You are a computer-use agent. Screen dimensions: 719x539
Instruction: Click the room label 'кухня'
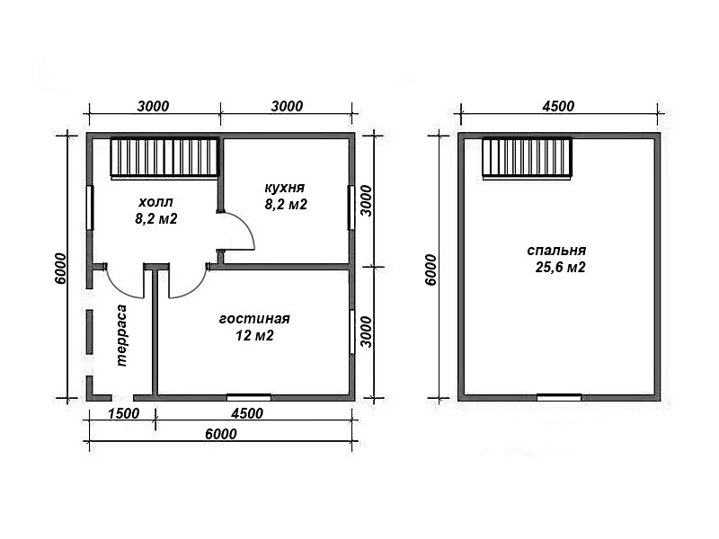285,188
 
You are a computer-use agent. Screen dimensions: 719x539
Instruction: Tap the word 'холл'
155,202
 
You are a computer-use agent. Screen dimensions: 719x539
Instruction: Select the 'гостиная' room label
254,319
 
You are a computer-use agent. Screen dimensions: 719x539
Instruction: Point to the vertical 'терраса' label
121,335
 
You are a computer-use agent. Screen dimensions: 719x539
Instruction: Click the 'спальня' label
556,251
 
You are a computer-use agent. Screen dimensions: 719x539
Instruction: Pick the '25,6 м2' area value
560,267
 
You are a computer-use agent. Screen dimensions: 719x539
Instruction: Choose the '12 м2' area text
254,336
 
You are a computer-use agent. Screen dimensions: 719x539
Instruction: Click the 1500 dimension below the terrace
123,413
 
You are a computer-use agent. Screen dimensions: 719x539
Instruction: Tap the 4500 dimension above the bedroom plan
558,106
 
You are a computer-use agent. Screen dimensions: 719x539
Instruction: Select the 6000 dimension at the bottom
221,434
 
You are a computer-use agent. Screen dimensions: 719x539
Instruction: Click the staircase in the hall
164,158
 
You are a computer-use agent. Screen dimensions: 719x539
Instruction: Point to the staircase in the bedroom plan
528,158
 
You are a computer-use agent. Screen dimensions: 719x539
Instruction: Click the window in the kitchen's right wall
351,208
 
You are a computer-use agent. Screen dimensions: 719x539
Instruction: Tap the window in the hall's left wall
91,208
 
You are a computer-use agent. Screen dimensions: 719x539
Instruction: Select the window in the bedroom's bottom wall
559,397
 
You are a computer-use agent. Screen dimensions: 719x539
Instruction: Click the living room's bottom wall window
249,397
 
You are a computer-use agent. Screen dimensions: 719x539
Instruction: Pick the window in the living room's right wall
351,331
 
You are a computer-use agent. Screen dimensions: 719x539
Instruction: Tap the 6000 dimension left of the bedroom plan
431,270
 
